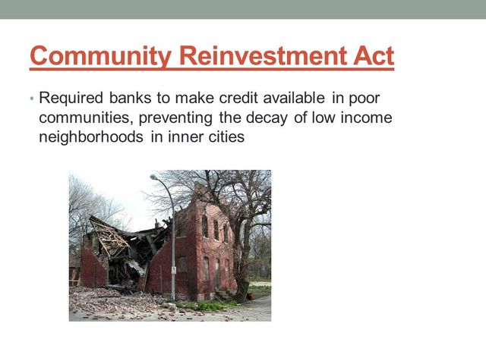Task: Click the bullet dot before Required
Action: coord(32,99)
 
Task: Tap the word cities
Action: coord(224,138)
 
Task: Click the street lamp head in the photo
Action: coord(155,177)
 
